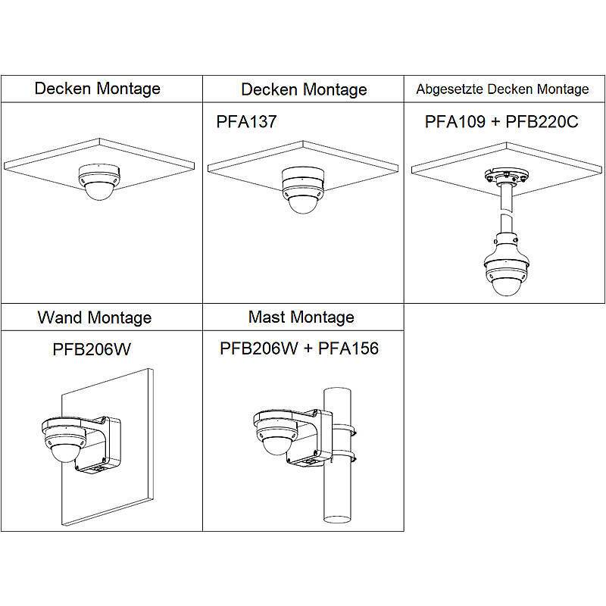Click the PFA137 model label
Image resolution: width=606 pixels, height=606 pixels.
point(246,122)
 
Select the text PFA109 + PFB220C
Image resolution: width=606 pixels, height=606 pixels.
point(502,121)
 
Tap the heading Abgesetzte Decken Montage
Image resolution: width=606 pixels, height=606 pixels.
point(502,89)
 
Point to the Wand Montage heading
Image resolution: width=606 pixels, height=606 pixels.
point(95,317)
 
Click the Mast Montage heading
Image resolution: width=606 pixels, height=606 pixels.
point(301,316)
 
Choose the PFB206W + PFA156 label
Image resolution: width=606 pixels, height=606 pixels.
point(299,348)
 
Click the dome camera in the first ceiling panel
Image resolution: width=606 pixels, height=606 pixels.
point(98,183)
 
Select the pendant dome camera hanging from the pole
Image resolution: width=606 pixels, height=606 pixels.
point(503,272)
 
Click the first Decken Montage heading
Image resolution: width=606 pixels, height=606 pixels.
point(98,88)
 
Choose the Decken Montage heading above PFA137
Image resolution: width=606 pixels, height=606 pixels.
point(304,89)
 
